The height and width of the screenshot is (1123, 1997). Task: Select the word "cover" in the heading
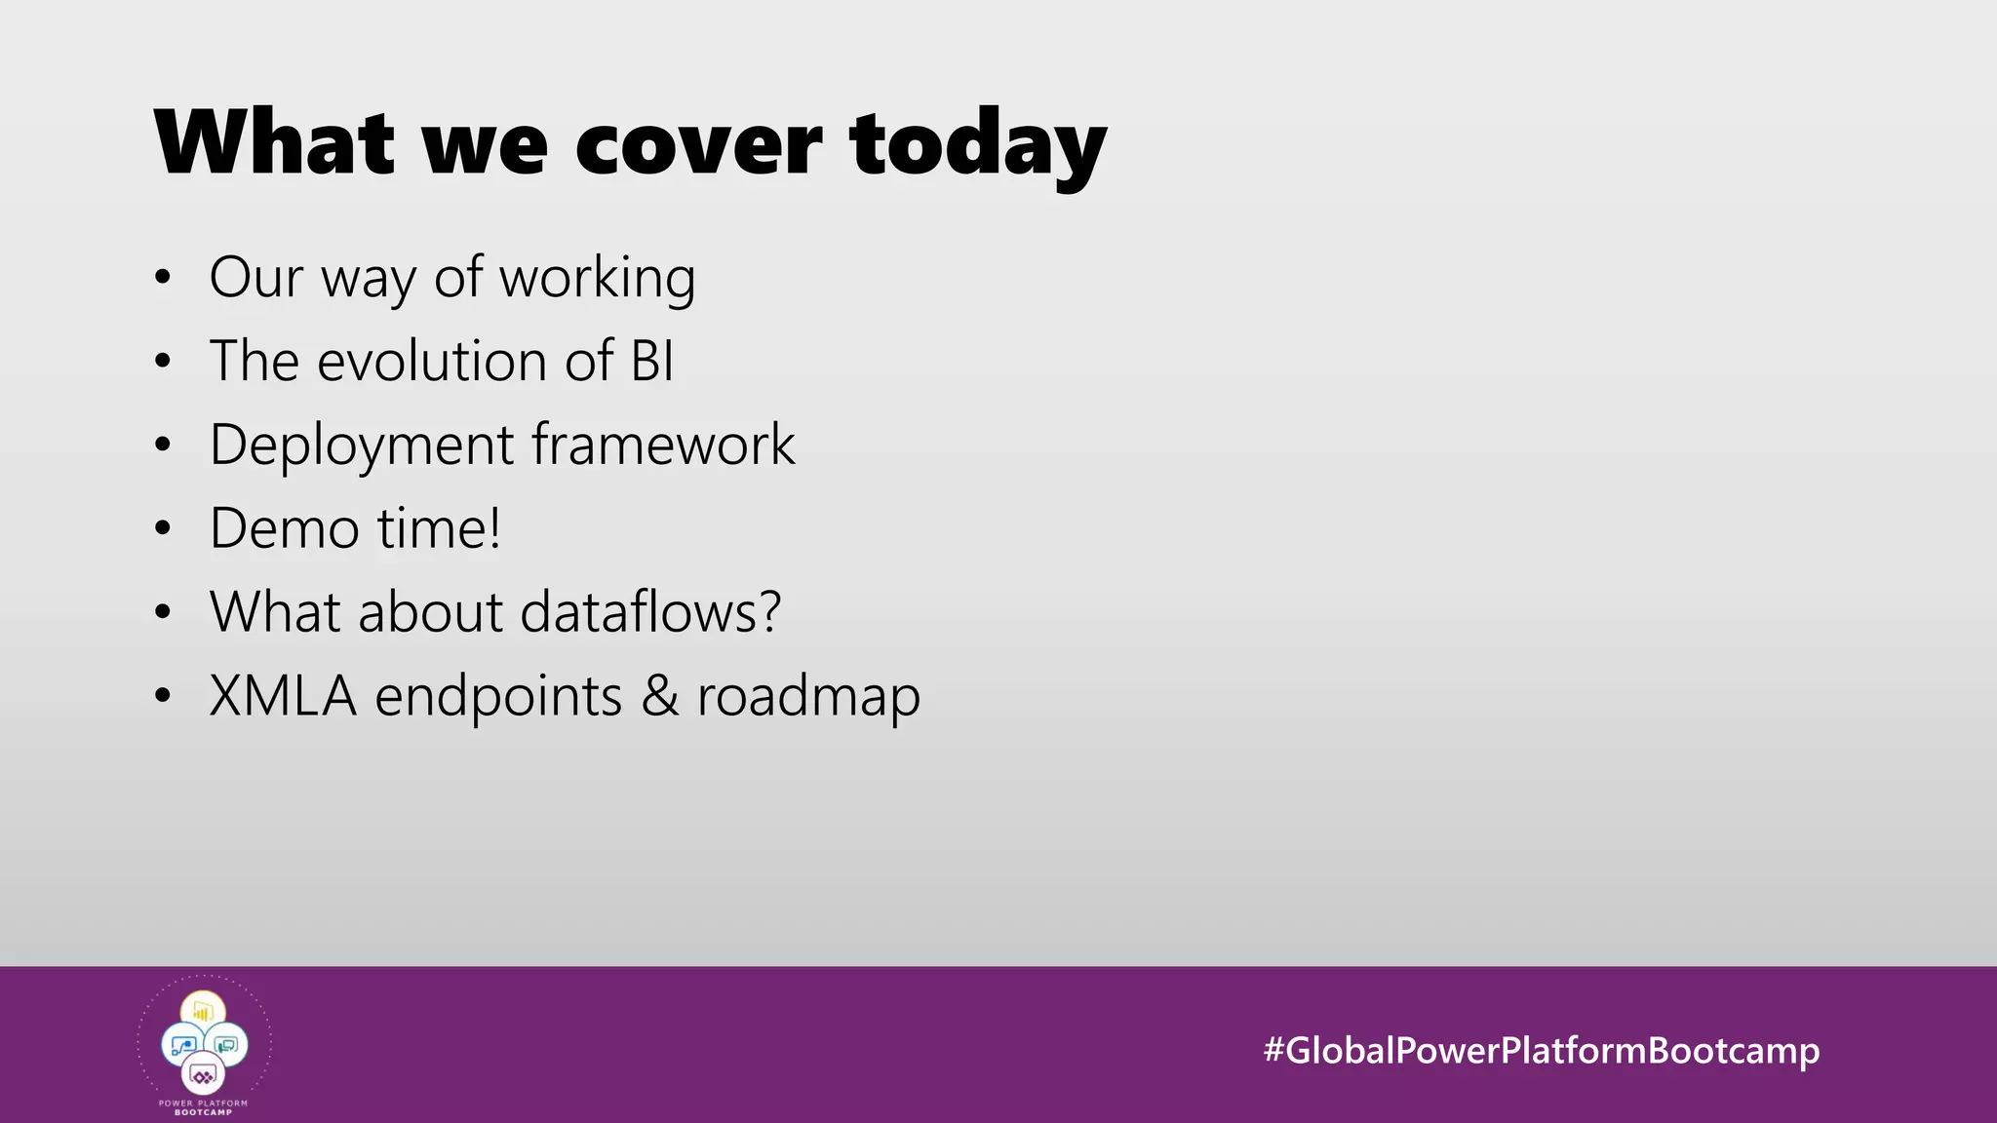(699, 146)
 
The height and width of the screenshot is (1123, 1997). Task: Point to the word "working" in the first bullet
(597, 279)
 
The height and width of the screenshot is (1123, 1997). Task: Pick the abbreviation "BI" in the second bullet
(652, 361)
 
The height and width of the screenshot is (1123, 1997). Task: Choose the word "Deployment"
(362, 445)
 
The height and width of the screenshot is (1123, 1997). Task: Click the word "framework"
(663, 445)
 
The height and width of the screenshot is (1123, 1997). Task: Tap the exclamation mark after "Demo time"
(494, 528)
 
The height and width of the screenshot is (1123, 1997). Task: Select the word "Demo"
(284, 528)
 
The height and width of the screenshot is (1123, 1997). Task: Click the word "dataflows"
(638, 612)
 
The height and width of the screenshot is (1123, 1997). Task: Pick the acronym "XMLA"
(283, 696)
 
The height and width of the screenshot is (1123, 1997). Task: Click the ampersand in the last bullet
(660, 696)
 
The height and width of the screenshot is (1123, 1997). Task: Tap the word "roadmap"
(808, 698)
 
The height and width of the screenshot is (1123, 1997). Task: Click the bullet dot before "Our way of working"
(163, 278)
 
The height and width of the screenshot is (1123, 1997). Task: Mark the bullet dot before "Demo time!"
(163, 529)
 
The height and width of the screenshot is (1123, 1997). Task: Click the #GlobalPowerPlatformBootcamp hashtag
(1541, 1050)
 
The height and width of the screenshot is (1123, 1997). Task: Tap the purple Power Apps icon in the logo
(203, 1076)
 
